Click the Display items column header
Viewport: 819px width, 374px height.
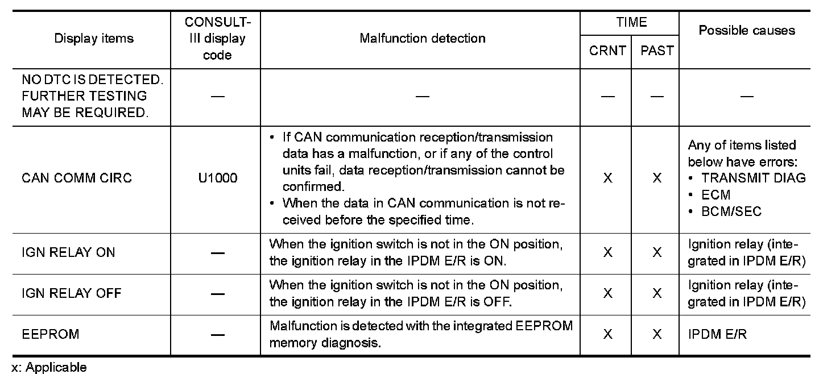point(94,38)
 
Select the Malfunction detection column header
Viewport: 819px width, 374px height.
point(422,38)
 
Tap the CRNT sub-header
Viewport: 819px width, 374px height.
point(607,51)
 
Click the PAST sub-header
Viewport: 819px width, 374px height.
point(657,51)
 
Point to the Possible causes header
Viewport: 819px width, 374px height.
point(747,30)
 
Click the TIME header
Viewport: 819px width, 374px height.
point(631,22)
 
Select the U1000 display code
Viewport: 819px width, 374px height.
point(217,178)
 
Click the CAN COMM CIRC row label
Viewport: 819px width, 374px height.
point(76,178)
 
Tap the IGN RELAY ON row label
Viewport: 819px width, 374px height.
point(68,252)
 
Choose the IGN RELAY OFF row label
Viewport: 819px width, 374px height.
point(71,293)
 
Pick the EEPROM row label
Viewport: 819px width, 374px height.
point(51,334)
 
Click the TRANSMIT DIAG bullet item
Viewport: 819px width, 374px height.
point(753,178)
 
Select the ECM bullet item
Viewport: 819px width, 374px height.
point(715,195)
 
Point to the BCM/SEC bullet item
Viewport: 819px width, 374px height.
point(731,211)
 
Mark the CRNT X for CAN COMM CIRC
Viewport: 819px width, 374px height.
point(607,178)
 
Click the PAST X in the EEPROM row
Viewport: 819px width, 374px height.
point(657,334)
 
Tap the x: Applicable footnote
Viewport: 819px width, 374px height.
point(49,367)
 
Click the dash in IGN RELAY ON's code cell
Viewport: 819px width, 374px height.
point(217,253)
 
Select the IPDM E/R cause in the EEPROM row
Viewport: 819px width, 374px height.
point(717,334)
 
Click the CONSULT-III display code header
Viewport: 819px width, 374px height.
point(217,38)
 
